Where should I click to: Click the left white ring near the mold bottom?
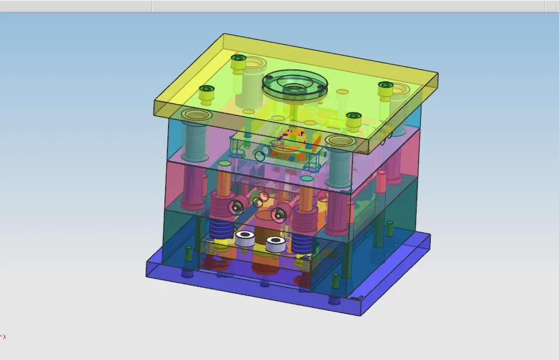pos(246,238)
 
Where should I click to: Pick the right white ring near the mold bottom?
pos(276,243)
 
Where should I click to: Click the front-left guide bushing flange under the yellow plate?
pos(197,115)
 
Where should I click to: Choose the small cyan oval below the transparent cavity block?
pos(307,177)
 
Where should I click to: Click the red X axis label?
pos(4,337)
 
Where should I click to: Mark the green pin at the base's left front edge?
pos(188,254)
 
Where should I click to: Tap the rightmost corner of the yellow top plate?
pos(438,74)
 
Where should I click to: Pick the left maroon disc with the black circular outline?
pos(236,206)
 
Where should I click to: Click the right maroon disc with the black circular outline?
pos(281,211)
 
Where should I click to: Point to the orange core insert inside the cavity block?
pos(296,139)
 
